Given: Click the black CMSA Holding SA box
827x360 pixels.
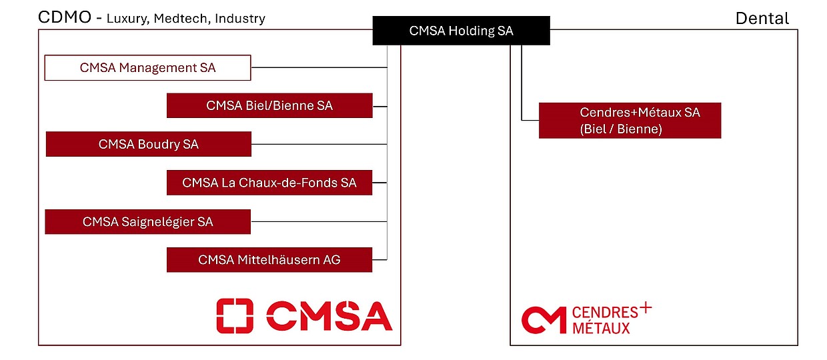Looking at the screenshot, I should coord(461,31).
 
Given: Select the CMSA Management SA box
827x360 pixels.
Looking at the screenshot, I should coord(147,68).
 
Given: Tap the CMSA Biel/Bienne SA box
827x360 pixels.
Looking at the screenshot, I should coord(269,105).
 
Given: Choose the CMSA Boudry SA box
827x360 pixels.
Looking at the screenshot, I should coord(148,144).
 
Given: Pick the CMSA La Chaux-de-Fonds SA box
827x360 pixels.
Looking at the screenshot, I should coord(269,183).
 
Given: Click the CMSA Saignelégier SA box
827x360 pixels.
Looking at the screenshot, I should coord(147,221).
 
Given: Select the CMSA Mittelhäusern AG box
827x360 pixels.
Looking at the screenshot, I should coord(269,259).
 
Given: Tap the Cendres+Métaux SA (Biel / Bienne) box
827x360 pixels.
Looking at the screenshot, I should coord(630,121).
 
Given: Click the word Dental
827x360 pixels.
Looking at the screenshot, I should coord(762,19).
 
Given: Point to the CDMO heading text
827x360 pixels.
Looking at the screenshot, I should coord(65,17).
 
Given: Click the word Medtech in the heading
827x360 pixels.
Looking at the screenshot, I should coord(179,19).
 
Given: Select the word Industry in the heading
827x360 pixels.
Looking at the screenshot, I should coord(238,19).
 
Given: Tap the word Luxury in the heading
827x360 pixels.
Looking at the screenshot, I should coord(127,19).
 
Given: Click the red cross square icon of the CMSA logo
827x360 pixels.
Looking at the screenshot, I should coord(235,316).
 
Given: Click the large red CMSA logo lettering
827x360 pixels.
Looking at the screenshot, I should coord(329,316).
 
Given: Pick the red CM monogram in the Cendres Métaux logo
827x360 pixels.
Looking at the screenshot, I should coord(543,320).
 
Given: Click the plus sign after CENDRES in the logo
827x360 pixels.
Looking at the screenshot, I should coord(645,309).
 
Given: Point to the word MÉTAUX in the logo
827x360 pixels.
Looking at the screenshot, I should coord(601,327).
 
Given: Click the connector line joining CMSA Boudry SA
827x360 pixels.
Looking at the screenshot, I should coord(319,144).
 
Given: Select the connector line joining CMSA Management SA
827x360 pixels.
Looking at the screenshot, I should coord(319,68).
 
